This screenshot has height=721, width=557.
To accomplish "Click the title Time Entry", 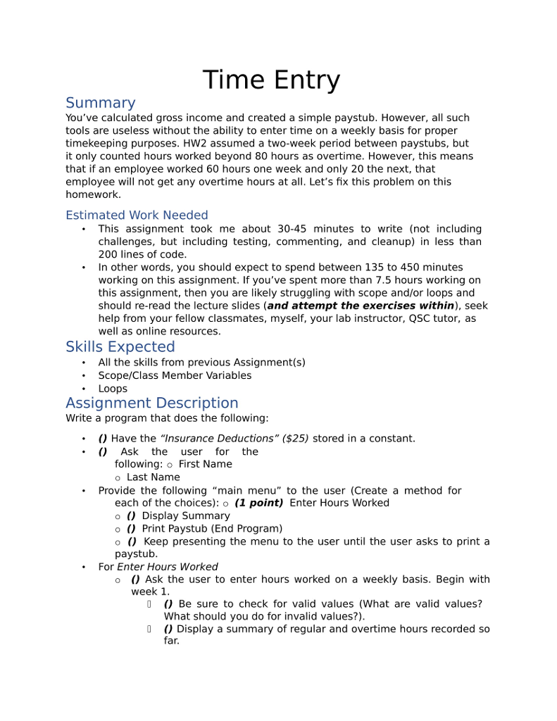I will [271, 80].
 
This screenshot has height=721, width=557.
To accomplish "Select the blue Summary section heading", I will [100, 103].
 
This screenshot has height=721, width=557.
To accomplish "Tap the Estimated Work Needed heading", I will [137, 215].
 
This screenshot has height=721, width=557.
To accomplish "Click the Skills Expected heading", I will [120, 346].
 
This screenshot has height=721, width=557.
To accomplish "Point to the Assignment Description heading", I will [151, 403].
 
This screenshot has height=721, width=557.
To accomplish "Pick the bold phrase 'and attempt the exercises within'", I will [361, 306].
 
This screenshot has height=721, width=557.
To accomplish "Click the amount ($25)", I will [295, 438].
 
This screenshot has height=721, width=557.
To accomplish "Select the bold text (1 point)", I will [258, 503].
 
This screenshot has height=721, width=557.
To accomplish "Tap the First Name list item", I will [205, 464].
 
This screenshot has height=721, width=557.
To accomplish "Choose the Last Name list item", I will [153, 477].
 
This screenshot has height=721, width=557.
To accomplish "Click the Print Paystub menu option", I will [211, 528].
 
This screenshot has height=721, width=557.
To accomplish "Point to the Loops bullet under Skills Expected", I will [113, 389].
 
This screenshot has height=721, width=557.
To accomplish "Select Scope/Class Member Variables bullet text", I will [175, 375].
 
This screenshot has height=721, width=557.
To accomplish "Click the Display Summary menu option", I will [185, 515].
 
